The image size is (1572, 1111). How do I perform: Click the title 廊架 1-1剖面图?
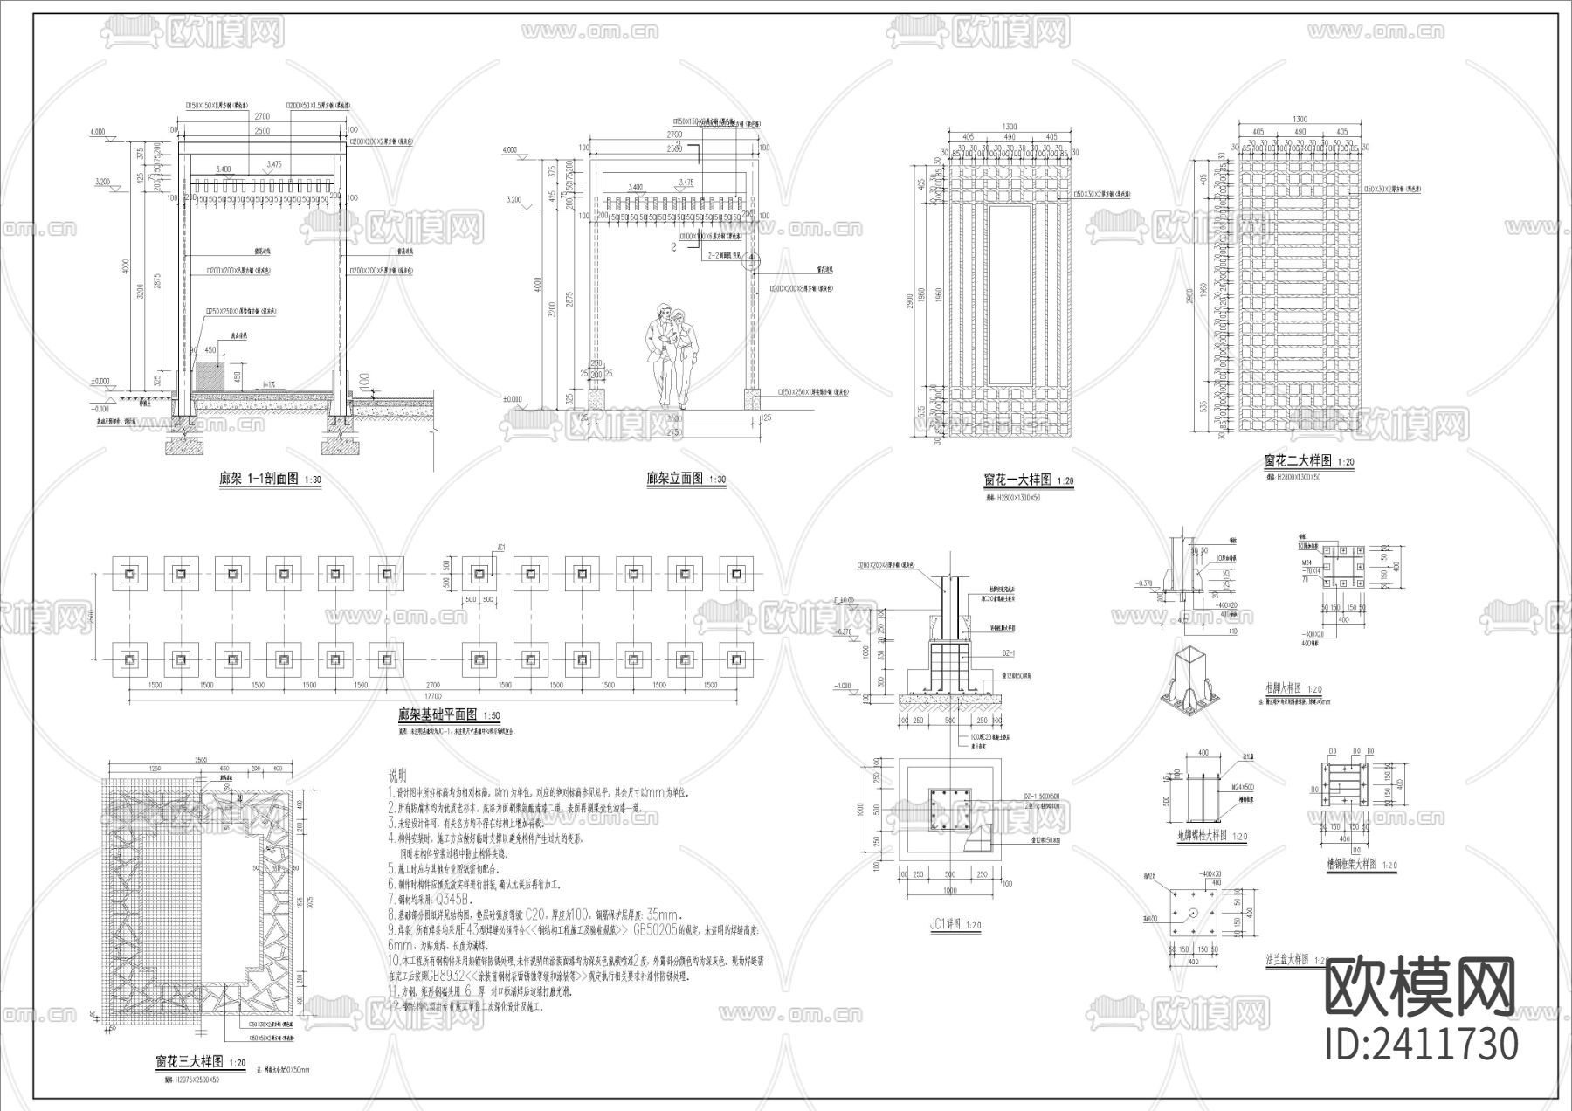pos(259,479)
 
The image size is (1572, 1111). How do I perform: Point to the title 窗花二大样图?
pos(1297,460)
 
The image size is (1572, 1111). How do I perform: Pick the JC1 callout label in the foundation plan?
pos(500,549)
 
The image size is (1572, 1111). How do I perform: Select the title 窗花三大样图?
pos(189,1061)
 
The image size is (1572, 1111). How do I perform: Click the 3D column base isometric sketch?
pos(1189,678)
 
